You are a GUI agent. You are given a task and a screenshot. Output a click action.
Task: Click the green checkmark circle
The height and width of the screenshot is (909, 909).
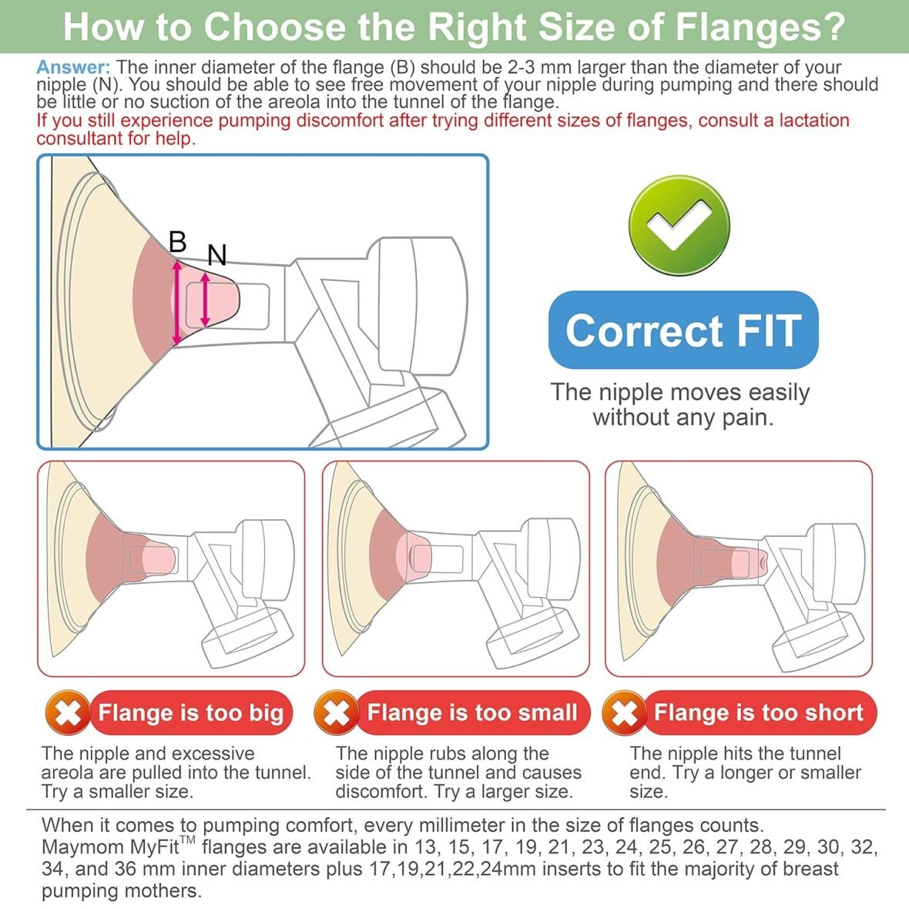pos(679,225)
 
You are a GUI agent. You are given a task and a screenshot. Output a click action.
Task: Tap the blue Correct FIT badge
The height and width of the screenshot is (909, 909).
pos(683,330)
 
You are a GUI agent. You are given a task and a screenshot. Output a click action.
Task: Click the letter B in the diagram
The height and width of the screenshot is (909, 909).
pos(178,242)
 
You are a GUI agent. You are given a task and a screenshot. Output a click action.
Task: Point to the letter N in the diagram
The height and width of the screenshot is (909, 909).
pos(217,255)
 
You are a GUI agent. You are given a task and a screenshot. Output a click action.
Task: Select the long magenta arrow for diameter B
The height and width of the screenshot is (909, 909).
pos(177,302)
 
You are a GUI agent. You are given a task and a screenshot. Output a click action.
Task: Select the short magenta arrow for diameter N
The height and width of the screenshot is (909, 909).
pos(205,300)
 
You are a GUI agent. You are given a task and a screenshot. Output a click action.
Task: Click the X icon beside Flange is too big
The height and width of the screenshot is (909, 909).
pos(68,713)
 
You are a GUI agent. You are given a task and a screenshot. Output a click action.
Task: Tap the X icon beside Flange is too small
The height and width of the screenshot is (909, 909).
pos(336,713)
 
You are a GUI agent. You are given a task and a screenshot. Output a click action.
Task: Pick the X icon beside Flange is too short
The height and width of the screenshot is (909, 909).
pos(624,713)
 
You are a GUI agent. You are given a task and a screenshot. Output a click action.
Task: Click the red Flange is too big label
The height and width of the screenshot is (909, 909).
pos(190,713)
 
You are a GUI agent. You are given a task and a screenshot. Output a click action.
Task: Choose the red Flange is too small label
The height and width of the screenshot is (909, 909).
pos(472,713)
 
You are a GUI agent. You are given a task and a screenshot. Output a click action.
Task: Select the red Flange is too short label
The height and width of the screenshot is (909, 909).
pos(760,713)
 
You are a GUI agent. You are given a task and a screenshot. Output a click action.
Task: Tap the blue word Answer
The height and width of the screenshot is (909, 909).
pos(73,67)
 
